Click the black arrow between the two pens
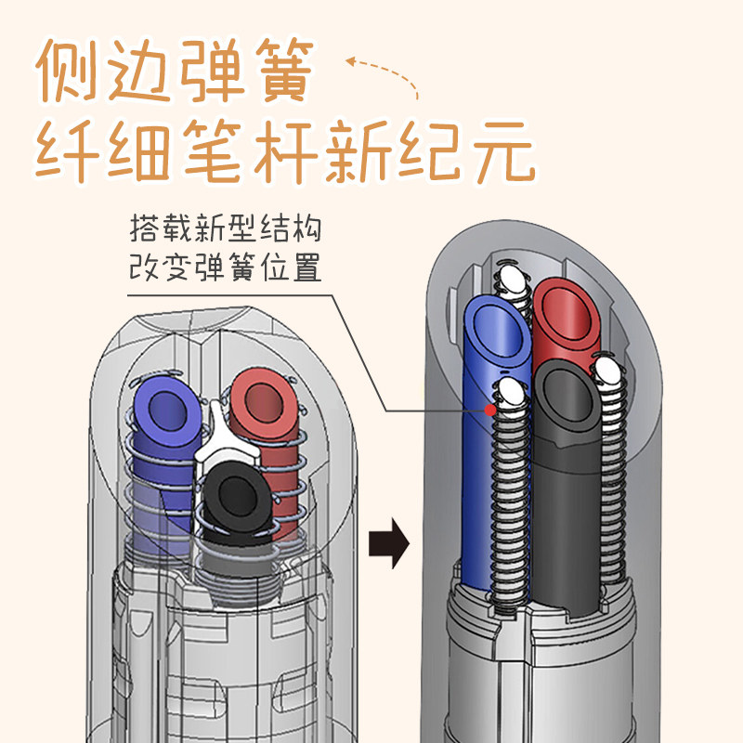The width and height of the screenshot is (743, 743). (x=387, y=544)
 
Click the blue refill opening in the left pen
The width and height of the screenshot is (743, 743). (x=165, y=406)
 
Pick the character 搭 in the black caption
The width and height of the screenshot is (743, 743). (x=148, y=229)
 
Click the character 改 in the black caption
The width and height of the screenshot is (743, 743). (x=148, y=268)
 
